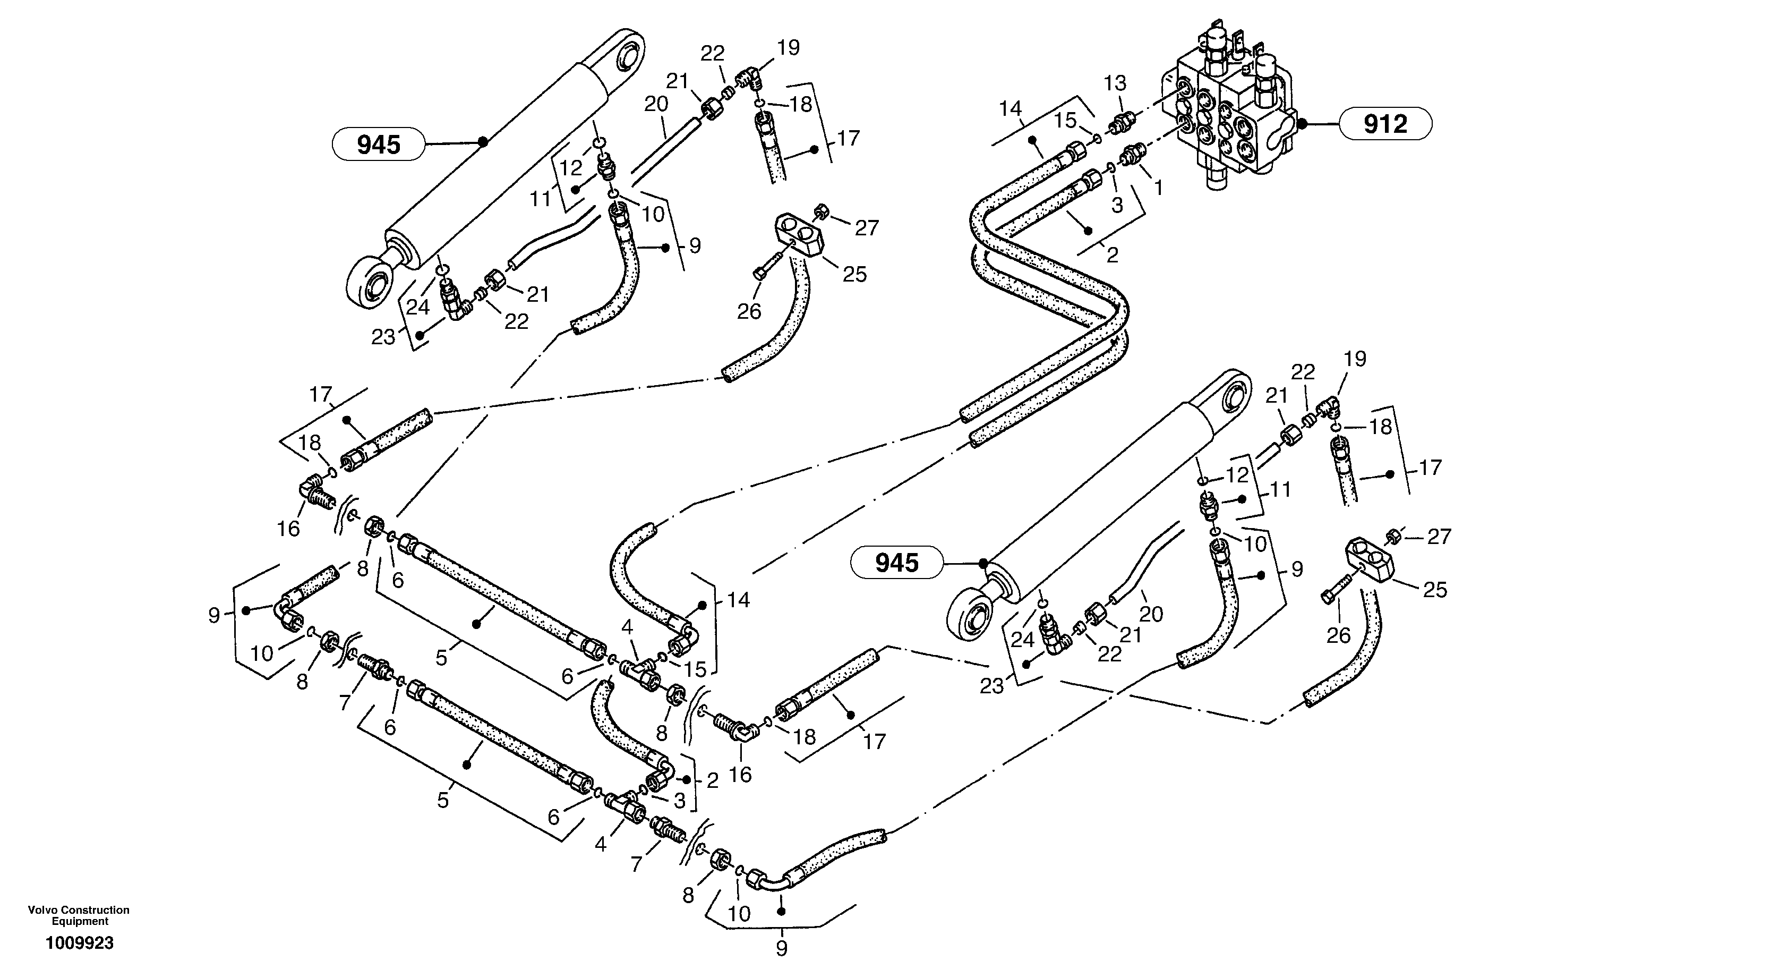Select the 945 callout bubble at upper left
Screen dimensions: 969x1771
(x=379, y=144)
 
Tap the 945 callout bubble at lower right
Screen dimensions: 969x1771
(x=896, y=563)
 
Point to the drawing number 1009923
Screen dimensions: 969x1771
(x=79, y=943)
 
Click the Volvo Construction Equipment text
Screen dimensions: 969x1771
(x=79, y=915)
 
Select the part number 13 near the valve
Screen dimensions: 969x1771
(x=1115, y=83)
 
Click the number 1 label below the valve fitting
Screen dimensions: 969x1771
(x=1158, y=186)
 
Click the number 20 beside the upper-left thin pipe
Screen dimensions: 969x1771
(x=656, y=105)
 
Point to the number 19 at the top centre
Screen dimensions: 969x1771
(x=789, y=47)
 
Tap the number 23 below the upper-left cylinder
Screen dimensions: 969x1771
(x=383, y=337)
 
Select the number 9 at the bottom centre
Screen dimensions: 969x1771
(x=781, y=948)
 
